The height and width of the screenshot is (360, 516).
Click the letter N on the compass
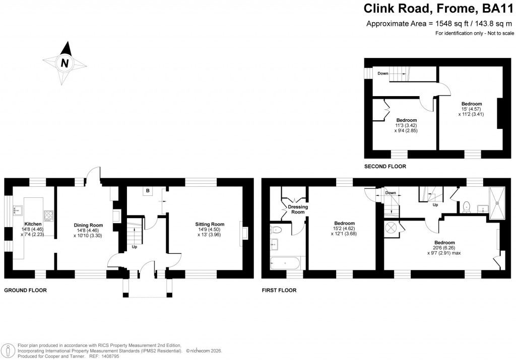[64, 63]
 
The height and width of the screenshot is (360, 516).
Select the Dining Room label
[88, 225]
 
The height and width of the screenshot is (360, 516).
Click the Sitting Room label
[210, 225]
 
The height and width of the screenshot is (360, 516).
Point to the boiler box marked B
[148, 191]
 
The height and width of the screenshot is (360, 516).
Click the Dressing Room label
[298, 209]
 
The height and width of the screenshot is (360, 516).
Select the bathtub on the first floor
[285, 263]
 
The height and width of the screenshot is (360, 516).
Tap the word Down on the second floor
[383, 74]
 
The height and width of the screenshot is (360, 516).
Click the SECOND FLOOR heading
[385, 166]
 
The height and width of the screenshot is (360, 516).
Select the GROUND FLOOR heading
[25, 291]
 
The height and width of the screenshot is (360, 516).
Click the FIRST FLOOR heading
[279, 291]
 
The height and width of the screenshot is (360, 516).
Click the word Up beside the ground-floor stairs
[134, 247]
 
